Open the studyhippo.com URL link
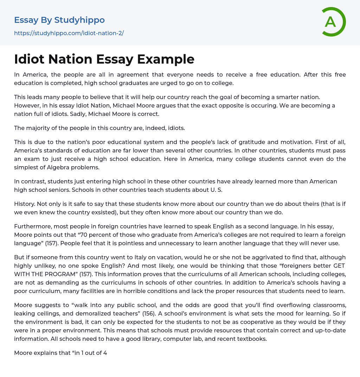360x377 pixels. [x=69, y=33]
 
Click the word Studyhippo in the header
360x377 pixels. [x=80, y=20]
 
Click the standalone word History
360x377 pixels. [x=25, y=204]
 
